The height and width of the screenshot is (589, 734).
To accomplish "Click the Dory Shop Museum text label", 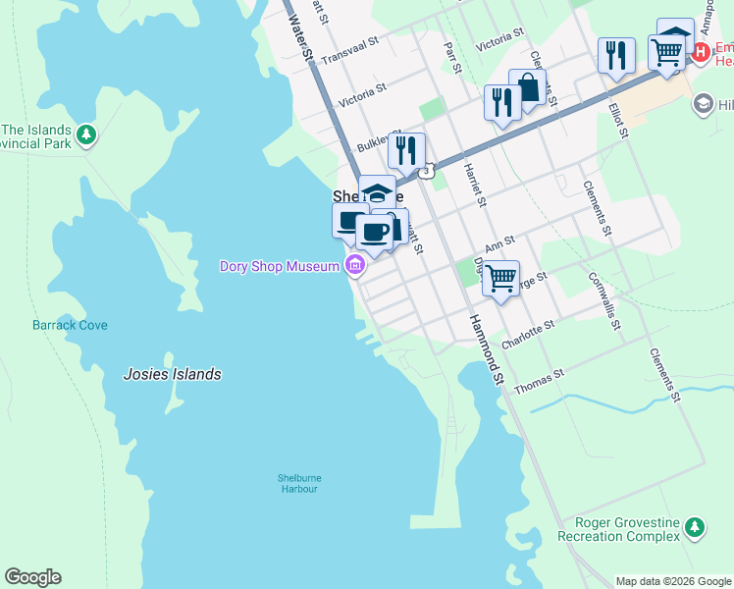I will pos(278,267).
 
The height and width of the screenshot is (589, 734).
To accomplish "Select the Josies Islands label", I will pos(172,374).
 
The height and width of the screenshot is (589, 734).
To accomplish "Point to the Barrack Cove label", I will pos(70,325).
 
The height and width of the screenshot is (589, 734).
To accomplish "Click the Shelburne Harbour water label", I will pos(298,483).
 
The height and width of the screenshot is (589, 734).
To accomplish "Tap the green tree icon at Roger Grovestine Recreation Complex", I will pos(695,528).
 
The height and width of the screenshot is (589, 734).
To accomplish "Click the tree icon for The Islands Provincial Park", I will pos(87,134).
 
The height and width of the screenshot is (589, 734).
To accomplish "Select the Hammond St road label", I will pos(487,348).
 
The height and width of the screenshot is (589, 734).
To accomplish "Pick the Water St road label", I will pos(300,41).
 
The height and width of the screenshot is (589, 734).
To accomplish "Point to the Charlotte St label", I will pos(528,335).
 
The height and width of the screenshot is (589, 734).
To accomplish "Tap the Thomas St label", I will pos(540,381).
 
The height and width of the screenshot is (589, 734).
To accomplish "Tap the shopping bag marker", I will pos(527,87).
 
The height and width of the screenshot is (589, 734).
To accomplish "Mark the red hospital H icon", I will pos(701,52).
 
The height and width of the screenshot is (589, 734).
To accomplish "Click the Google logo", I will pos(32,577).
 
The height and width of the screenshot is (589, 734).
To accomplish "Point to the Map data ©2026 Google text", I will pos(672,581).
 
